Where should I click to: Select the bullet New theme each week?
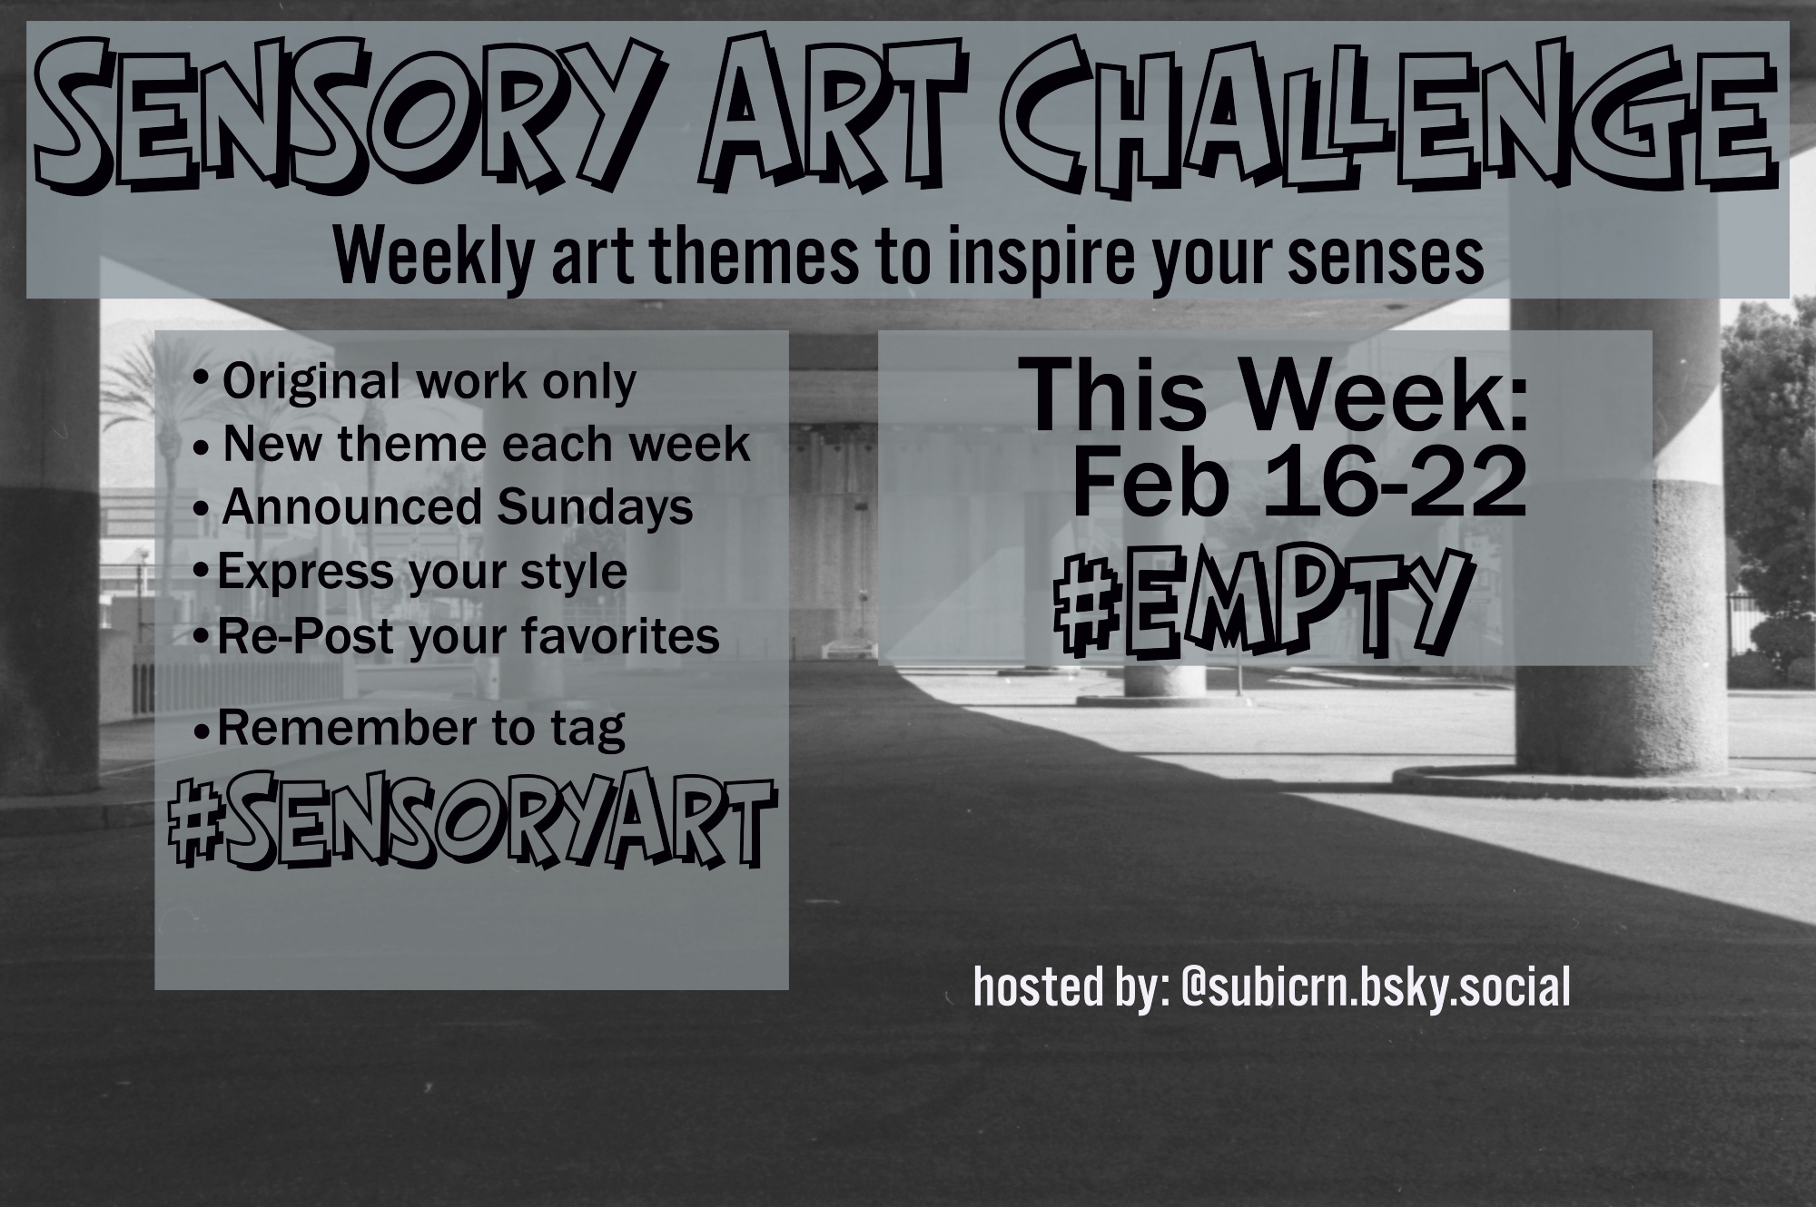point(473,445)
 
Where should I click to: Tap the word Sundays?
point(594,507)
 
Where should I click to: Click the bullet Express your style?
point(410,573)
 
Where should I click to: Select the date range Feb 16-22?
point(1299,483)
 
